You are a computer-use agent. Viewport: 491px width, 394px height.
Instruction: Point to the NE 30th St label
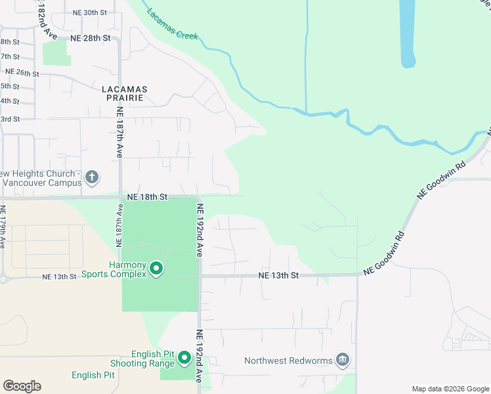[90, 12]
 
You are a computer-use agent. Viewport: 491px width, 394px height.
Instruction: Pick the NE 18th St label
[148, 196]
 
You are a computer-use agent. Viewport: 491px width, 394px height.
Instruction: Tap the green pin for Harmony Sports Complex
[156, 269]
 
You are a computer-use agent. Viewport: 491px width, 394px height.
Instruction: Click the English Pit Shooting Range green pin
[184, 358]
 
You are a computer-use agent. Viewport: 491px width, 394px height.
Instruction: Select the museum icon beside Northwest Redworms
[342, 359]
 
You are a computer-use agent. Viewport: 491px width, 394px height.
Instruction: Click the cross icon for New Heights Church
[92, 177]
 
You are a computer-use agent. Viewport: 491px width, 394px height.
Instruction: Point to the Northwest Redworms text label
[289, 361]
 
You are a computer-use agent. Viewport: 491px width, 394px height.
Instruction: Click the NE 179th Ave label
[3, 227]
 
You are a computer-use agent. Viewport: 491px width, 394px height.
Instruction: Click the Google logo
[22, 386]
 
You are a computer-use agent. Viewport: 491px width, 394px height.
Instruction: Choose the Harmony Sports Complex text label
[117, 269]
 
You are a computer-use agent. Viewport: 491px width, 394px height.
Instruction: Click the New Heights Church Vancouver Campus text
[41, 179]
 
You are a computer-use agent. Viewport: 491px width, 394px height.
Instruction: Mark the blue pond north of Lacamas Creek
[407, 33]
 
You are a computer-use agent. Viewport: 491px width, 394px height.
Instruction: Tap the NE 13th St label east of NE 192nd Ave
[278, 275]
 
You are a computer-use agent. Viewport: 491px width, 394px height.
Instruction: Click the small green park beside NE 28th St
[56, 53]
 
